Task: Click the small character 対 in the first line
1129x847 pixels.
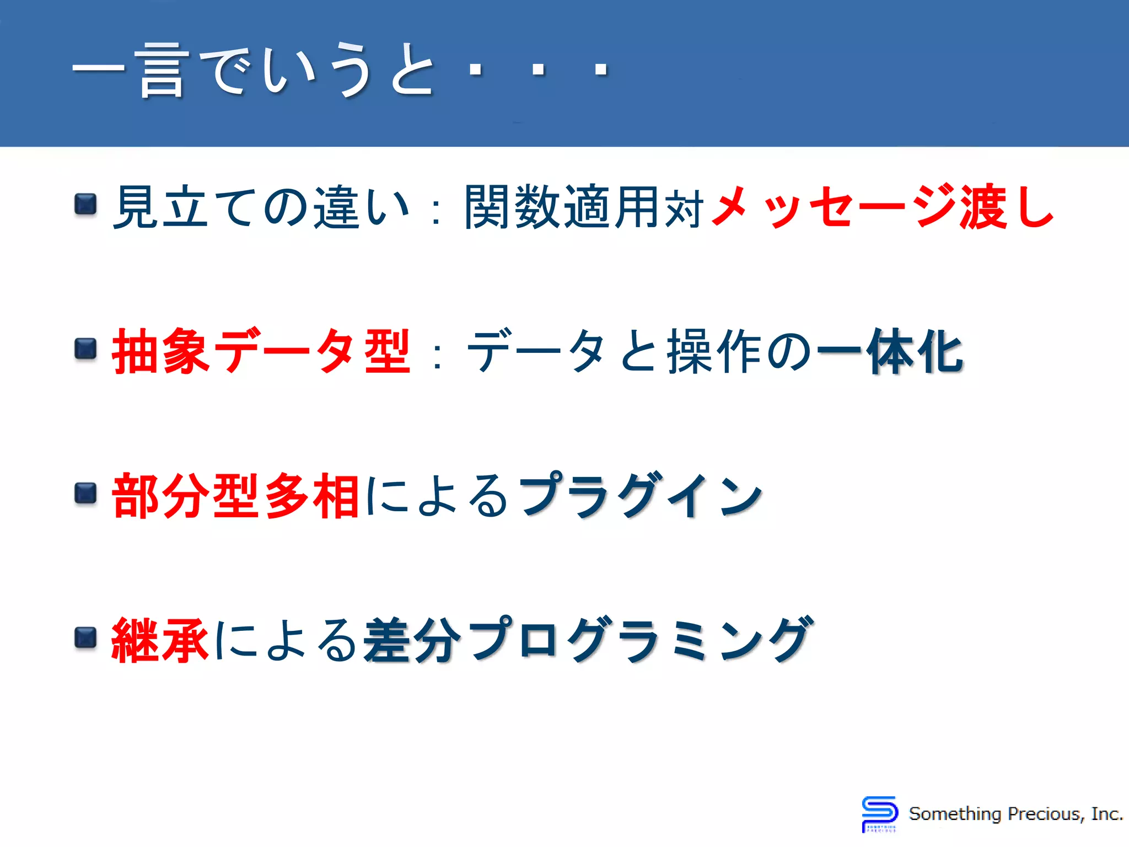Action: pos(684,209)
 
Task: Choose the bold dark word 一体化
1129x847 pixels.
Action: pos(890,351)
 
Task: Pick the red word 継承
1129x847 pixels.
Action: pos(160,640)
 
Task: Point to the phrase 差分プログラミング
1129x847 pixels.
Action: pos(588,640)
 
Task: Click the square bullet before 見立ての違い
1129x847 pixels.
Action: pos(85,205)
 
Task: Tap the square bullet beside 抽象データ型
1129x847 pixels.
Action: pos(85,349)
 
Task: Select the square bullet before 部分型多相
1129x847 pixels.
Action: pos(85,493)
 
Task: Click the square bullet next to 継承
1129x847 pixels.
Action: pos(85,637)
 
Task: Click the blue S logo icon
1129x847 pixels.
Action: pos(879,813)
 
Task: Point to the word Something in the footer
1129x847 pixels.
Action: pos(955,814)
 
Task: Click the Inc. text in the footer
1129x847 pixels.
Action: pos(1106,814)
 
